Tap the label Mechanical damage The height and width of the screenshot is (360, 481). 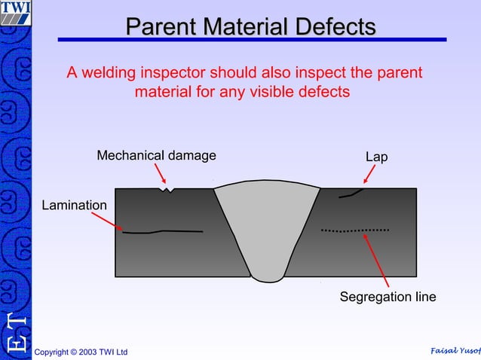click(156, 156)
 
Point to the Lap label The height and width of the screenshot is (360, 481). click(376, 157)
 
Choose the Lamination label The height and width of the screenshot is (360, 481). click(74, 205)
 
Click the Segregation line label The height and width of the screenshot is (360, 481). click(388, 297)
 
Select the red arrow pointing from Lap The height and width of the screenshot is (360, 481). click(369, 175)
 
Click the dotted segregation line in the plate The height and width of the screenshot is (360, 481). click(355, 229)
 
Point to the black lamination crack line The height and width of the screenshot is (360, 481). click(162, 231)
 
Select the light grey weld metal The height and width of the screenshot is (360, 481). click(268, 226)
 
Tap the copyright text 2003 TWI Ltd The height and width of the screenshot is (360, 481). click(81, 352)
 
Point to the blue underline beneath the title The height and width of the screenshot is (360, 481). click(252, 40)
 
